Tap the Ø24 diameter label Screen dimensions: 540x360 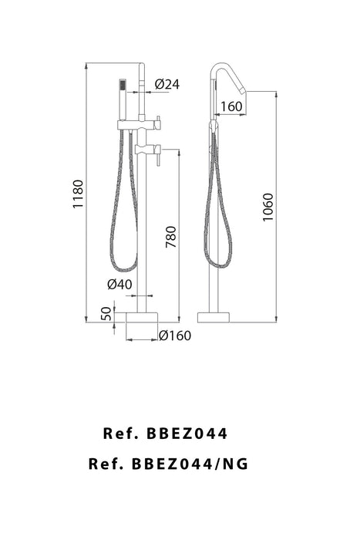pos(167,84)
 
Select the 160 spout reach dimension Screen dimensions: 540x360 pos(230,106)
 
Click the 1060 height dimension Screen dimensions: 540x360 pos(267,206)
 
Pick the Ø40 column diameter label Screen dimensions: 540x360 pos(119,284)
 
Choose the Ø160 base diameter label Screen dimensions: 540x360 pos(174,335)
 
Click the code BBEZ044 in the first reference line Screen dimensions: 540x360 pos(186,434)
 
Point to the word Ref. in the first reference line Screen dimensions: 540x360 pos(120,434)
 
